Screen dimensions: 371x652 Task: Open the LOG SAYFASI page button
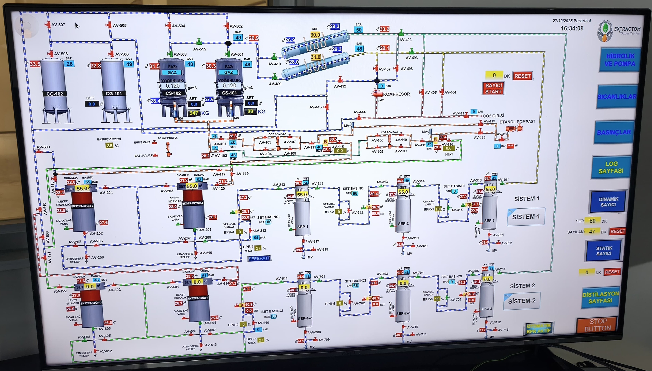pyautogui.click(x=611, y=167)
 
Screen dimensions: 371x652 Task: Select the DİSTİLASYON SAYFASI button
pyautogui.click(x=600, y=297)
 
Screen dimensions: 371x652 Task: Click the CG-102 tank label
pyautogui.click(x=55, y=94)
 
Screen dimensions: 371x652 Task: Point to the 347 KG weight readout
pyautogui.click(x=194, y=113)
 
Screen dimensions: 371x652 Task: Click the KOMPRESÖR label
pyautogui.click(x=396, y=94)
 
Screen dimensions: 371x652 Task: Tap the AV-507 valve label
pyautogui.click(x=58, y=25)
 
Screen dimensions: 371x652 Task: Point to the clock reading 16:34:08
pyautogui.click(x=572, y=28)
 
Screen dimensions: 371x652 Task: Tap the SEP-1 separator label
pyautogui.click(x=303, y=227)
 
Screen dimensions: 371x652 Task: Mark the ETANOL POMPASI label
pyautogui.click(x=517, y=122)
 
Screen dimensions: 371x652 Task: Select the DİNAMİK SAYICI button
pyautogui.click(x=608, y=202)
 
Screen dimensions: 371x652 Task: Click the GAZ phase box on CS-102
pyautogui.click(x=172, y=72)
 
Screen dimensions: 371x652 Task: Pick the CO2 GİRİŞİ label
pyautogui.click(x=493, y=116)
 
